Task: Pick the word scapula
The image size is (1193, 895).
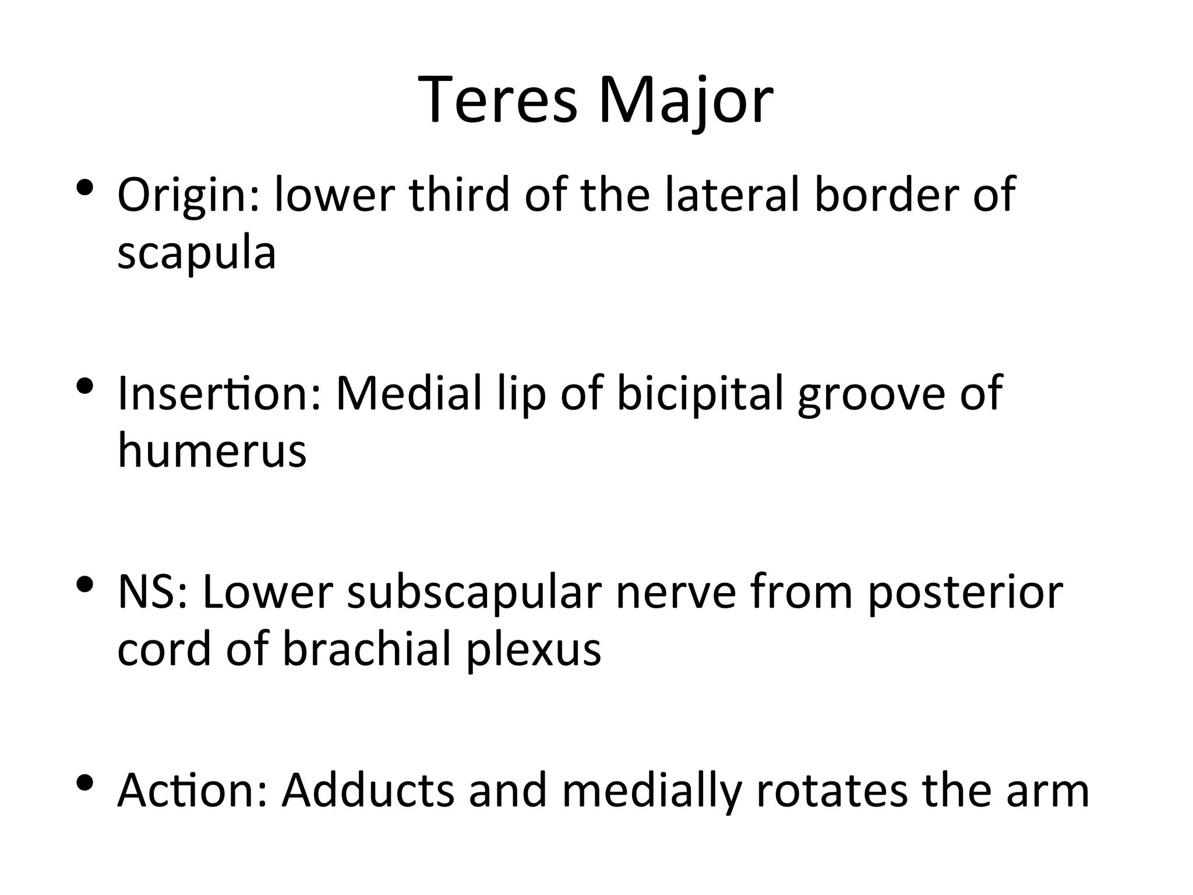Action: (x=196, y=253)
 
